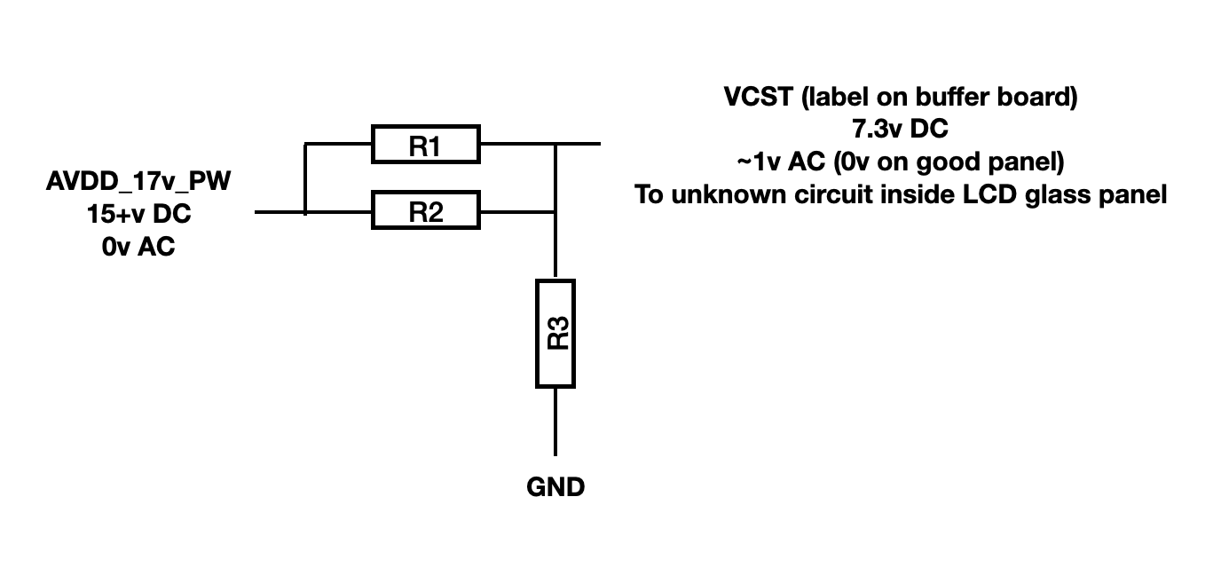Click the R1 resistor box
(425, 144)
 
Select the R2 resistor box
(425, 212)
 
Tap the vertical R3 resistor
(555, 333)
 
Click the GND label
(555, 486)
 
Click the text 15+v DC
(138, 215)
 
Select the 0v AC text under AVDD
(138, 247)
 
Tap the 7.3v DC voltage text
(900, 130)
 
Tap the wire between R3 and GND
(555, 422)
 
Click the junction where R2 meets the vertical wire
(555, 212)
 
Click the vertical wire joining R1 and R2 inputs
(305, 177)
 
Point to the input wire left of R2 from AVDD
(280, 212)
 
